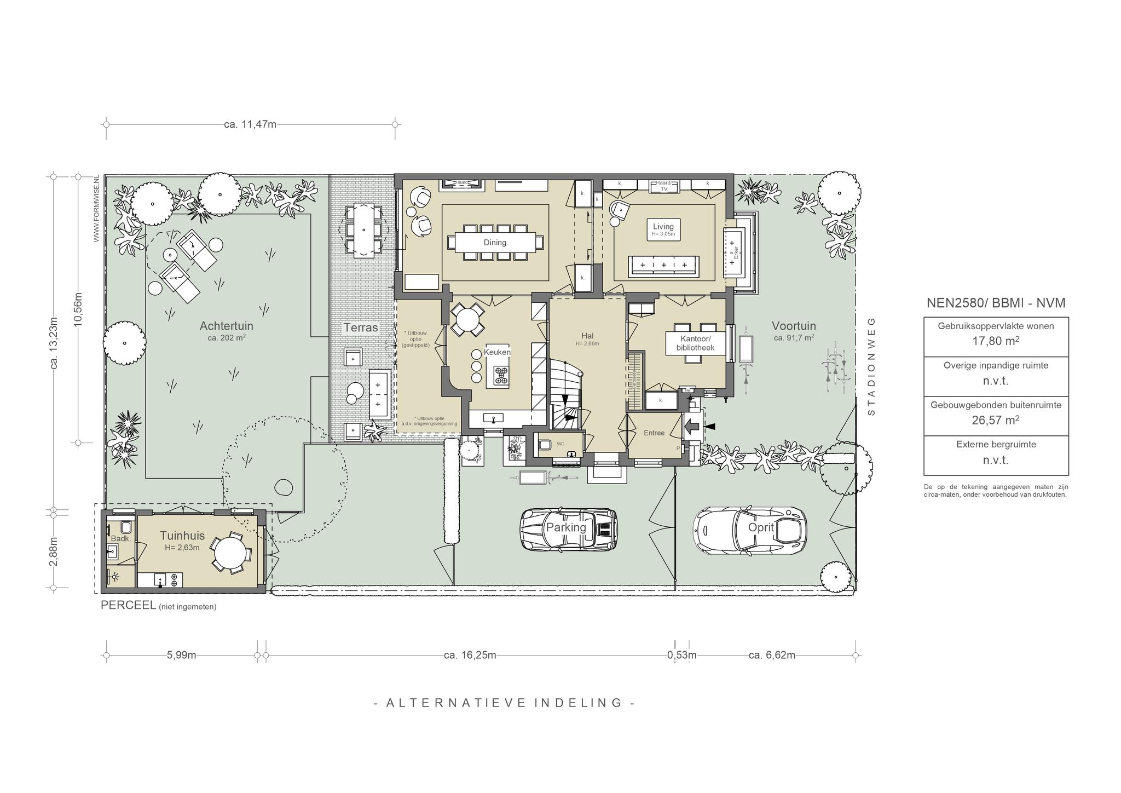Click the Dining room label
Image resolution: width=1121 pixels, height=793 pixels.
495,243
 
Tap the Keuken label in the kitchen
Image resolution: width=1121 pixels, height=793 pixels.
498,352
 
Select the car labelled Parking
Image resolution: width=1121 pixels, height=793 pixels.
568,529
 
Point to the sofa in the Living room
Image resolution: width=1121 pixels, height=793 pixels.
663,265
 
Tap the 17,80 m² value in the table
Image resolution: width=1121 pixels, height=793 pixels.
996,341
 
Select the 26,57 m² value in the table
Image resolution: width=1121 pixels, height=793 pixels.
996,420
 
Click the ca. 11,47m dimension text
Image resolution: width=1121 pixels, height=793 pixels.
250,124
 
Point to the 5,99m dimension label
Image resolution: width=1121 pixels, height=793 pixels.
182,655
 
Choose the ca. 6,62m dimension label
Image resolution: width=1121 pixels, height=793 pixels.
772,655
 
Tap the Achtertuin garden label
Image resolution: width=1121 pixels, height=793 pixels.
226,326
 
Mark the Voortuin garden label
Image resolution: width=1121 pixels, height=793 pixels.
794,326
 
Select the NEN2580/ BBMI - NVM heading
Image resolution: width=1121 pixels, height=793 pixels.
996,303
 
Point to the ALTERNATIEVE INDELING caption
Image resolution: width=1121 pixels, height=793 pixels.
504,703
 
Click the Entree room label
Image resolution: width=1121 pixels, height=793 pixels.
654,433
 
